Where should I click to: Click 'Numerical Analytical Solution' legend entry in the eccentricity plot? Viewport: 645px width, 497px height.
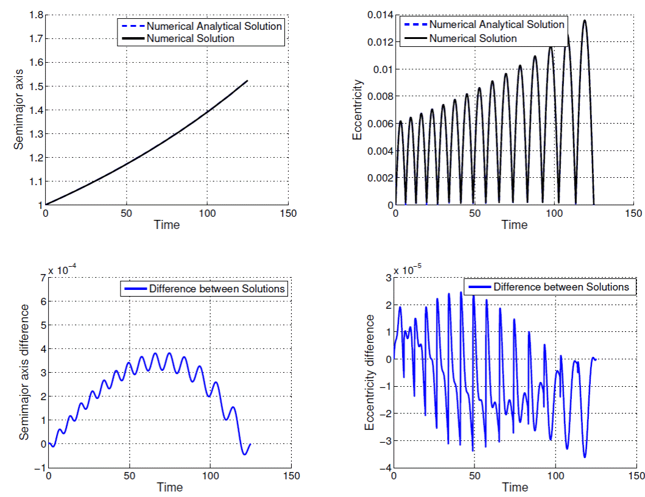[496, 25]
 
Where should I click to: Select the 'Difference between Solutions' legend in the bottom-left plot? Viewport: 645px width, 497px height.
[217, 289]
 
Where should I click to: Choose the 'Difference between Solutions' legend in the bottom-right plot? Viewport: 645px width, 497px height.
[560, 286]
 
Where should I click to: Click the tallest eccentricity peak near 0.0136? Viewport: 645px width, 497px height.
[585, 21]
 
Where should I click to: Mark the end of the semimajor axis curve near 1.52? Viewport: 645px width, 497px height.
[247, 80]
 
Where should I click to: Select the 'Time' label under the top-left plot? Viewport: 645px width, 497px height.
[167, 225]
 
